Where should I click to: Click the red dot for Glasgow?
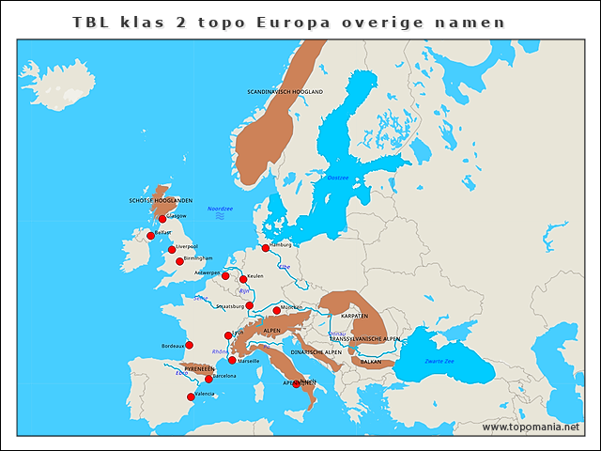tap(162, 219)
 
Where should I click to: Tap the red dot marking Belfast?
tap(150, 236)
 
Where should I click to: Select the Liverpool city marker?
tap(172, 250)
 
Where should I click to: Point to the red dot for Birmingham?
tap(179, 261)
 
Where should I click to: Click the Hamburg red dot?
tap(266, 248)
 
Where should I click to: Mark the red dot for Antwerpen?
tap(225, 276)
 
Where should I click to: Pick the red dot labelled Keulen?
tap(243, 279)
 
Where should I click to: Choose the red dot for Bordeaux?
tap(189, 345)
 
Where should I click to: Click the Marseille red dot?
tap(233, 360)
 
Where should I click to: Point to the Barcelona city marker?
tap(208, 379)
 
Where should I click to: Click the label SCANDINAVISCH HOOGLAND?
tap(285, 92)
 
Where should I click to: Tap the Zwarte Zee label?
tap(439, 361)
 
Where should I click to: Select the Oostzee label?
tap(337, 177)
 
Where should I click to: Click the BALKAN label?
tap(371, 361)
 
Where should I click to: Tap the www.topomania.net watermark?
tap(531, 427)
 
